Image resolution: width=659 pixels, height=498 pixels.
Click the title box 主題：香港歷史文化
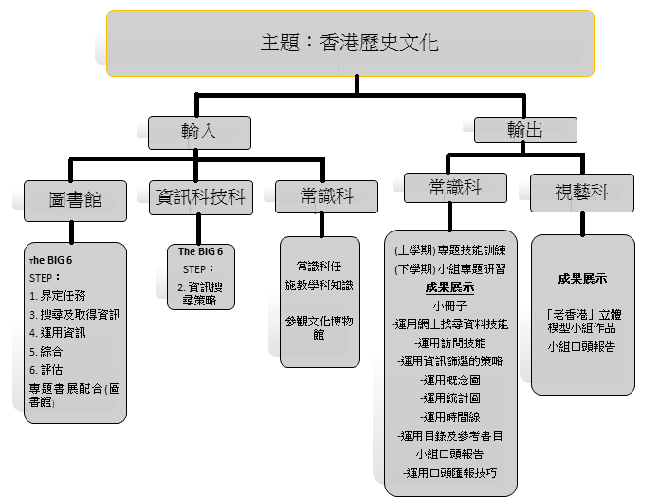coord(350,44)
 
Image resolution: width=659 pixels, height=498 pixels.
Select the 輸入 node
coord(199,132)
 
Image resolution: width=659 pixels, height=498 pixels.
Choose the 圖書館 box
coord(75,198)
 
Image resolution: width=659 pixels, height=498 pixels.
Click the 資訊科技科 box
coord(199,197)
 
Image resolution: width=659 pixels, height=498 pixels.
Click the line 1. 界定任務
coord(58,296)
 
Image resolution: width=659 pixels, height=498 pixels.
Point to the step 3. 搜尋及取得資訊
coord(74,314)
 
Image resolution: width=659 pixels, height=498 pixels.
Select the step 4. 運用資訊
coord(58,333)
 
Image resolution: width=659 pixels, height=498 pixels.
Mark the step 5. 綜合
coord(47,351)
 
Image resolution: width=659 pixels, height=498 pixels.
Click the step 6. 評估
coord(47,370)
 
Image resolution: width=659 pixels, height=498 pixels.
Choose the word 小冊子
coord(449,305)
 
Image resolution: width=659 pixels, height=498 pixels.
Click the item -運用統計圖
coord(450,397)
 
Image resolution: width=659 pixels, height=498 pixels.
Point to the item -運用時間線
coord(450,415)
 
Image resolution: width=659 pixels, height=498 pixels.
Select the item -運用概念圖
coord(450,378)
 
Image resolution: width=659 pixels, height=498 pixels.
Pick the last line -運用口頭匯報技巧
coord(450,471)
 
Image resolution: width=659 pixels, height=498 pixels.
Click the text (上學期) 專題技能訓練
coord(449,250)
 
